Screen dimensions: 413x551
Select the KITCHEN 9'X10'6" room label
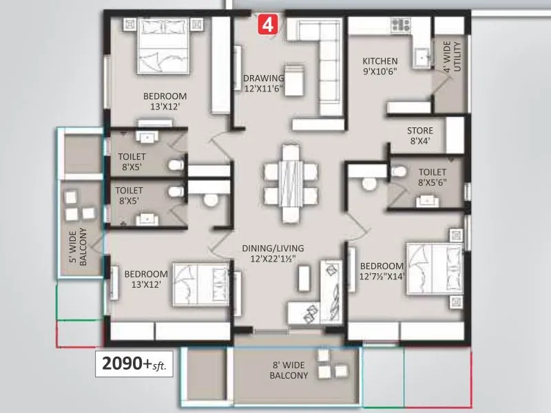pyautogui.click(x=380, y=65)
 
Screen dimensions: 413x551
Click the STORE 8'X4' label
pyautogui.click(x=419, y=135)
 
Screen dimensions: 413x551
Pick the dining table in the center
pyautogui.click(x=290, y=180)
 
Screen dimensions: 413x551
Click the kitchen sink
pyautogui.click(x=419, y=57)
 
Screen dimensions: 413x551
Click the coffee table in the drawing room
pyautogui.click(x=295, y=81)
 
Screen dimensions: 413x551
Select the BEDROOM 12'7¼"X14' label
pyautogui.click(x=382, y=271)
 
